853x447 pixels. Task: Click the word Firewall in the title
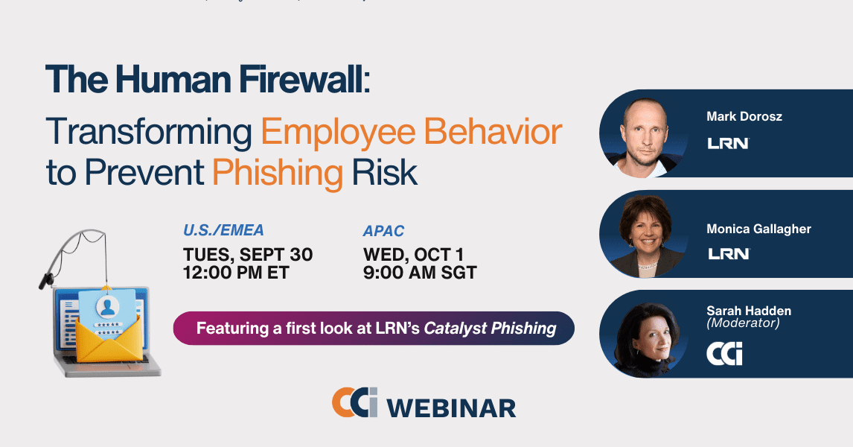point(301,80)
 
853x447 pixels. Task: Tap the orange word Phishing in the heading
point(278,174)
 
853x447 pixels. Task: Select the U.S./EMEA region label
point(223,230)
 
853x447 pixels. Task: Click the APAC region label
point(383,231)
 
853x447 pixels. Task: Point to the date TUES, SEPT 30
point(248,254)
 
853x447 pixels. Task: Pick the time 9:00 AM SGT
point(420,272)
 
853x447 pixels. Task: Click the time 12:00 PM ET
point(235,272)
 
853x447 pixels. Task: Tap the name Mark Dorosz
point(744,116)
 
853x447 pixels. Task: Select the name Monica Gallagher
point(759,229)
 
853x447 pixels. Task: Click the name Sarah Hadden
point(749,311)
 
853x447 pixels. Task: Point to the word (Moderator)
point(743,323)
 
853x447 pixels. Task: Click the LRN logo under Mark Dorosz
point(729,143)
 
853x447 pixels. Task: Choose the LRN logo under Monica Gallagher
point(729,254)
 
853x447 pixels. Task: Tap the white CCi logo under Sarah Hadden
point(724,354)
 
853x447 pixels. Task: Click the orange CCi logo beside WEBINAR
point(355,402)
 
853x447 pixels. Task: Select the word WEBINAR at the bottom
point(451,408)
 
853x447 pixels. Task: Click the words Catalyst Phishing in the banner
point(491,329)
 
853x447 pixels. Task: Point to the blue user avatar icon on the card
point(108,307)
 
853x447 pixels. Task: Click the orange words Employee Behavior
point(412,132)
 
